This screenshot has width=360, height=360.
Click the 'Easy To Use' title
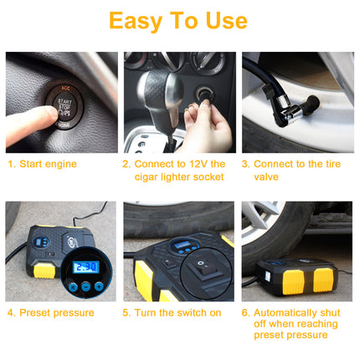tap(179, 20)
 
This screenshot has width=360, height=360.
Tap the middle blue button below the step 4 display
tap(85, 287)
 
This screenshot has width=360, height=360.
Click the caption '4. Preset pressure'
tap(51, 313)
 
